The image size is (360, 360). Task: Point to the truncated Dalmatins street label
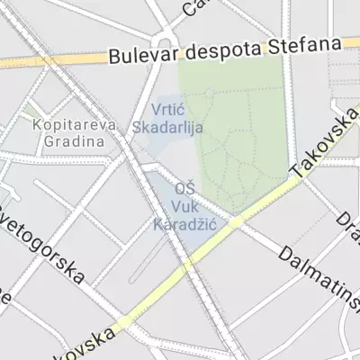point(319,276)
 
